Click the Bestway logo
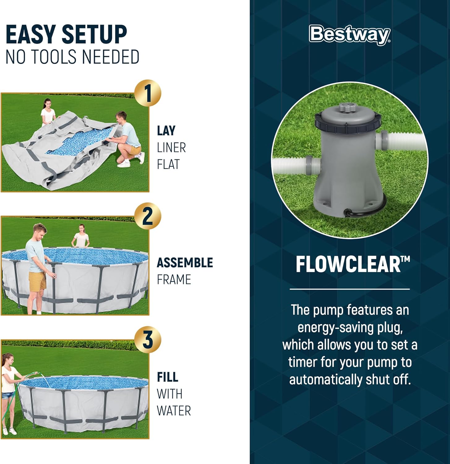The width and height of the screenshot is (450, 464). [x=349, y=34]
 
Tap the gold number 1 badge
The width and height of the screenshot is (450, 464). [x=148, y=93]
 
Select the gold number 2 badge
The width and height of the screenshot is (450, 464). [x=148, y=216]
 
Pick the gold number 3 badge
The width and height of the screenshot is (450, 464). [x=148, y=339]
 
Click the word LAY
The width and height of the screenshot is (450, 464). [x=166, y=131]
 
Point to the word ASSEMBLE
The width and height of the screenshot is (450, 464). [x=185, y=263]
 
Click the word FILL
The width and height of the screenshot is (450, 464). [x=168, y=377]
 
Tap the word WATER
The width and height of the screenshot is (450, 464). [x=174, y=411]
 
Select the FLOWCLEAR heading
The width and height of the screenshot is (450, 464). [x=353, y=264]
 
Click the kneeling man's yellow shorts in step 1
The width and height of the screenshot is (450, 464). [x=135, y=150]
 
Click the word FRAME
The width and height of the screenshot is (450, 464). [x=174, y=280]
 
